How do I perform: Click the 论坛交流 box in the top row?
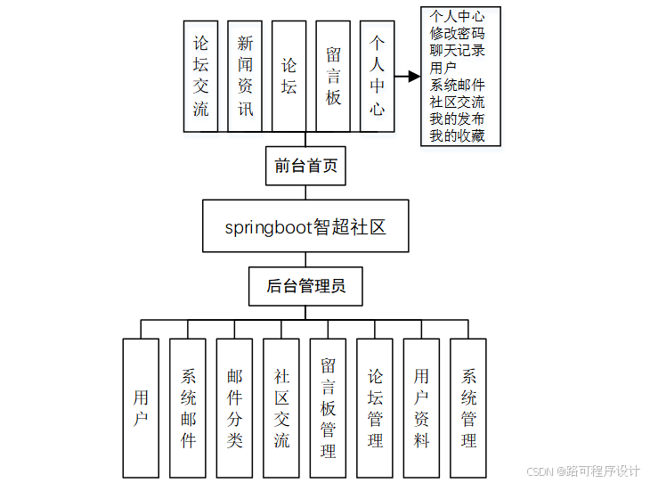tap(201, 77)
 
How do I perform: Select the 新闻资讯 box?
tap(245, 77)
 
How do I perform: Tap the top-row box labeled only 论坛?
tap(289, 77)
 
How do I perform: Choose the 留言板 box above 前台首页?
tap(333, 77)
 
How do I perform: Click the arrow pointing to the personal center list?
tap(408, 77)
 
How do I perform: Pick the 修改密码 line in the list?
tap(457, 33)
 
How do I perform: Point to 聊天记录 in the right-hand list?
tap(457, 50)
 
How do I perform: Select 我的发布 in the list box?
tap(457, 119)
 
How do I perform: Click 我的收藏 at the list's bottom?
tap(457, 135)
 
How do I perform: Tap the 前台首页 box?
tap(305, 166)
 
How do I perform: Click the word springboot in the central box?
tap(267, 227)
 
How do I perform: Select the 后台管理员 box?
tap(305, 286)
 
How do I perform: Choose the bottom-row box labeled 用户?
tap(141, 407)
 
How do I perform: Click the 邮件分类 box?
tap(234, 407)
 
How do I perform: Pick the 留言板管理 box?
tap(328, 407)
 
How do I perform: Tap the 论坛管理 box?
tap(375, 407)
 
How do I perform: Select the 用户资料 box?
tap(421, 407)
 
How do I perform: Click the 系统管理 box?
tap(468, 407)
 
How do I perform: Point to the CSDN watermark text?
tap(540, 471)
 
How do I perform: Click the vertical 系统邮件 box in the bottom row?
tap(188, 407)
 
